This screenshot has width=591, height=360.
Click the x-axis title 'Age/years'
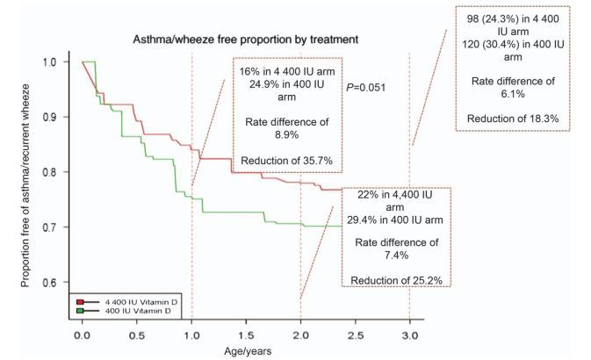(x=247, y=352)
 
